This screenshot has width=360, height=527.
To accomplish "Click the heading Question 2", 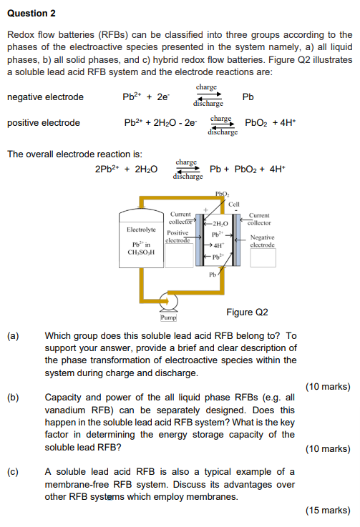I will coord(31,13).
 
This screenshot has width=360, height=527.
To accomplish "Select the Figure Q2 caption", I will coord(247,312).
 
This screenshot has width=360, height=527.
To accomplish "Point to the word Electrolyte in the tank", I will coord(141,230).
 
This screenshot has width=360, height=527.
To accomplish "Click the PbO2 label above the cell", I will coord(222,194).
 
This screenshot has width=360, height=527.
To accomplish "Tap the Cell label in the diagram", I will coord(234,204).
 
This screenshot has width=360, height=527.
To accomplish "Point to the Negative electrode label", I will coord(262,241).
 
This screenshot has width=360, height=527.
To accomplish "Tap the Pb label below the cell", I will coord(213,274).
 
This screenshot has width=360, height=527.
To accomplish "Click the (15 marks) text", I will coord(327,511).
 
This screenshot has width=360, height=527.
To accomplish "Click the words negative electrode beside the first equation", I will coord(45,97).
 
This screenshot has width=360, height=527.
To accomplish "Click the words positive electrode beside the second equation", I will coord(43,123).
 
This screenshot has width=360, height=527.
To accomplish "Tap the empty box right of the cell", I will coord(263,257).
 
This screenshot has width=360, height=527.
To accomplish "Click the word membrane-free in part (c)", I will coord(77,486).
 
